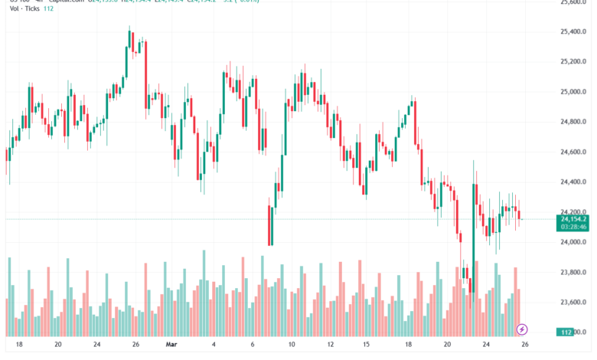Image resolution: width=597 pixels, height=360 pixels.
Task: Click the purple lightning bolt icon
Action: tap(522, 329)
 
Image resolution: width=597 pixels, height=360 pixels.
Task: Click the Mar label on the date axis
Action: tap(171, 345)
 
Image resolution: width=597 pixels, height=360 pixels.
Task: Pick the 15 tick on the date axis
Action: tap(367, 345)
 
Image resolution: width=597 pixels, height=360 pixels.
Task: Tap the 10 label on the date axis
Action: tap(292, 345)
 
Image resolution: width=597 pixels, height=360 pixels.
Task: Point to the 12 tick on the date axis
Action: tap(329, 345)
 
